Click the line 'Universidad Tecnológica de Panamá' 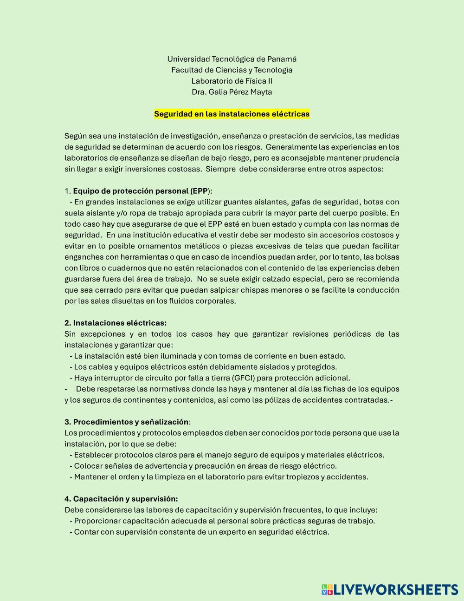(232, 59)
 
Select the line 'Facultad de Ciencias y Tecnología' (232, 70)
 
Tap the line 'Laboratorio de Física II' (232, 81)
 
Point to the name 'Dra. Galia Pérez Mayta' (232, 92)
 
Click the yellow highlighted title (232, 114)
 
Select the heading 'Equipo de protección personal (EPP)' (141, 191)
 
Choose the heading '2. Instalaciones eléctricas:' (116, 323)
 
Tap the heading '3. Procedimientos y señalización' (127, 422)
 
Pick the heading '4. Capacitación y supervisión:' (121, 499)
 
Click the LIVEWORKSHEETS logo (390, 589)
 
